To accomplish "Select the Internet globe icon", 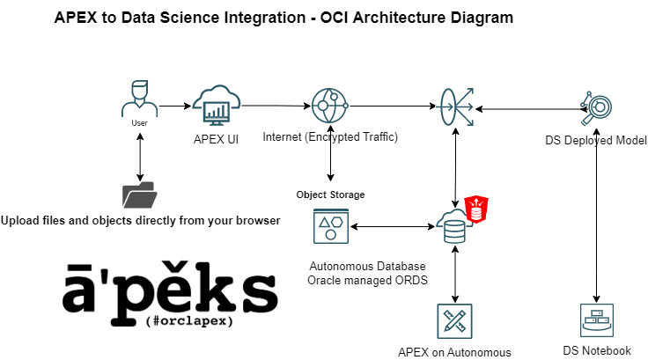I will pyautogui.click(x=330, y=107).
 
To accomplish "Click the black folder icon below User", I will pyautogui.click(x=139, y=195).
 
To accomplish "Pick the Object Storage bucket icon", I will pyautogui.click(x=330, y=227).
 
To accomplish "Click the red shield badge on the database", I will pyautogui.click(x=475, y=209).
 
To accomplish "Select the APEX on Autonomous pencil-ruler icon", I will pyautogui.click(x=454, y=321).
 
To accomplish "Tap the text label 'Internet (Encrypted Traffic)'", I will pyautogui.click(x=330, y=137).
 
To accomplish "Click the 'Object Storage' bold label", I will pyautogui.click(x=330, y=195).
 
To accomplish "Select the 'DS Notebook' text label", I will pyautogui.click(x=597, y=350).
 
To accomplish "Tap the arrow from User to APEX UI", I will pyautogui.click(x=175, y=107).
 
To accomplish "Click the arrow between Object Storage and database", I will pyautogui.click(x=393, y=228).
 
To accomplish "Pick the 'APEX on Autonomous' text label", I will pyautogui.click(x=454, y=352).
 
